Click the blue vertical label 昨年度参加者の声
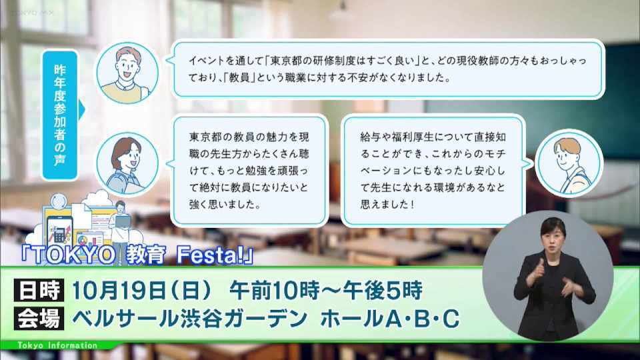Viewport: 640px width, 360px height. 59,115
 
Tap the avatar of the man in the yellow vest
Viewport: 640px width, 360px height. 127,73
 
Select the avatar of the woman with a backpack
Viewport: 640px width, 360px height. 127,164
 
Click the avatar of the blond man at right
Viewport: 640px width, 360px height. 569,164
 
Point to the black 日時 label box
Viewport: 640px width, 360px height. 39,290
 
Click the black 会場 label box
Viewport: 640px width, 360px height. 39,319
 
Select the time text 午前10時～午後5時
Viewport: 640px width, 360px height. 326,291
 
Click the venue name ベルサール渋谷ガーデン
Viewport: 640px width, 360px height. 189,319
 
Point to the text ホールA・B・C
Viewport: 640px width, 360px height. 390,319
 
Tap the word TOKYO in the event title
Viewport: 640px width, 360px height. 70,255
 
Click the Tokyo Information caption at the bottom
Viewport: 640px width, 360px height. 57,345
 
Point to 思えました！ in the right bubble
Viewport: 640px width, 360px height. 387,204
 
